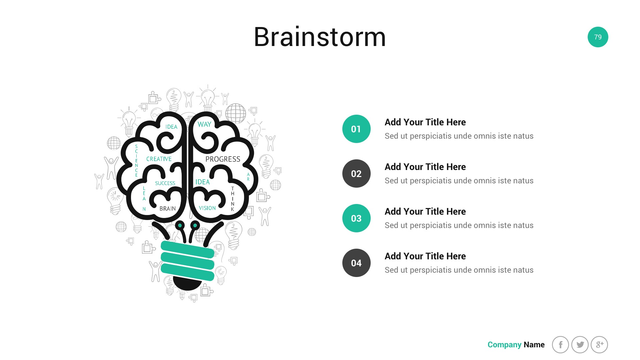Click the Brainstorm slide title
pyautogui.click(x=320, y=37)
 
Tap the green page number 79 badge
pyautogui.click(x=598, y=37)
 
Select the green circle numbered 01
pyautogui.click(x=356, y=129)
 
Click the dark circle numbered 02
pyautogui.click(x=356, y=174)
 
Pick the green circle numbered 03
pyautogui.click(x=356, y=218)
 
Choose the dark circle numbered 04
pyautogui.click(x=356, y=263)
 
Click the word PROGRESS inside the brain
pyautogui.click(x=223, y=159)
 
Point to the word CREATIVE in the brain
pyautogui.click(x=159, y=159)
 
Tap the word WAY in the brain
pyautogui.click(x=204, y=124)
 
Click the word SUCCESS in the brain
pyautogui.click(x=165, y=183)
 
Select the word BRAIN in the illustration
pyautogui.click(x=168, y=209)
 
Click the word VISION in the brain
pyautogui.click(x=207, y=208)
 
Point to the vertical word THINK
pyautogui.click(x=233, y=199)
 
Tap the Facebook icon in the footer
pyautogui.click(x=560, y=345)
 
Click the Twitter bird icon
pyautogui.click(x=580, y=345)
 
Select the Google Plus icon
pyautogui.click(x=599, y=345)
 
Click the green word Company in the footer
pyautogui.click(x=504, y=345)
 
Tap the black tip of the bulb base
pyautogui.click(x=187, y=283)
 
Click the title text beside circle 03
pyautogui.click(x=425, y=211)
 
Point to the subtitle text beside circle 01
pyautogui.click(x=459, y=136)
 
